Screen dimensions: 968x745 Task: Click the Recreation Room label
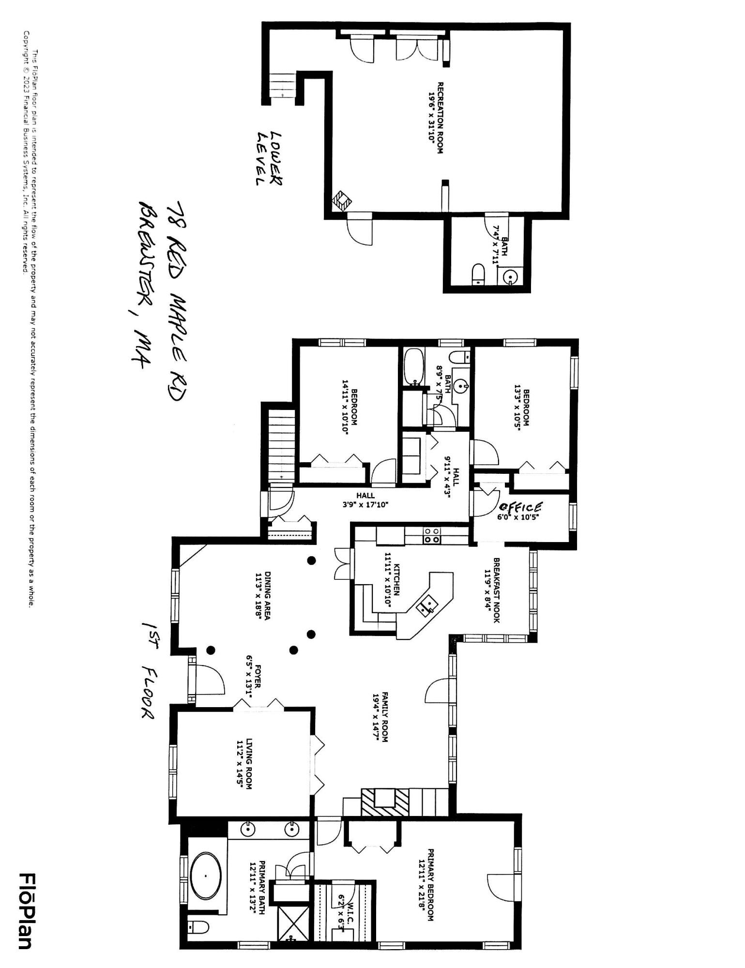(440, 118)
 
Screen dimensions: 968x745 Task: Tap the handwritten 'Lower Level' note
(269, 158)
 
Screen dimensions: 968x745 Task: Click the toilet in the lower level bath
(478, 273)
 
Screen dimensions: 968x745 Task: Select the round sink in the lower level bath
(510, 277)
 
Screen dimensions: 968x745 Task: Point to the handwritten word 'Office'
(520, 507)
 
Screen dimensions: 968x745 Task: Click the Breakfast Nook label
(496, 590)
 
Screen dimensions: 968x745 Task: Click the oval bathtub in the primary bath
(205, 877)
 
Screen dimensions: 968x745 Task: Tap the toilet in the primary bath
(198, 927)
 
